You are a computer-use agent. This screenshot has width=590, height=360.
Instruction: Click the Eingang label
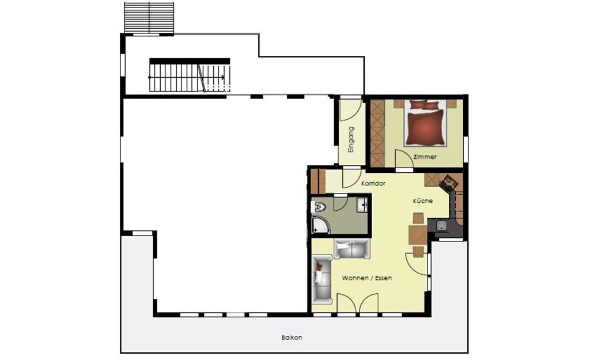coord(351,139)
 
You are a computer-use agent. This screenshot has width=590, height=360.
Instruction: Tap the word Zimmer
coord(425,157)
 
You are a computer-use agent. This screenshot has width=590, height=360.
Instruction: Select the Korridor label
coord(373,184)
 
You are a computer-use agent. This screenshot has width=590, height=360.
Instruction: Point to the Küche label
coord(423,201)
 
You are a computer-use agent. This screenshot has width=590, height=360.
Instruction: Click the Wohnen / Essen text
coord(367,278)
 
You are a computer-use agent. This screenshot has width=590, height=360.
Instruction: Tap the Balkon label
coord(292,338)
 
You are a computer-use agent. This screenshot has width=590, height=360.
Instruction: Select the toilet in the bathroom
coord(319,207)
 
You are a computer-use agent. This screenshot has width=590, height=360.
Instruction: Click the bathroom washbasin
coord(363,204)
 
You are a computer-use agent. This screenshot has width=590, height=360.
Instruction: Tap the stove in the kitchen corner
coord(449,183)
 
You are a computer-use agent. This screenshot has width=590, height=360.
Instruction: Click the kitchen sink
coord(441,226)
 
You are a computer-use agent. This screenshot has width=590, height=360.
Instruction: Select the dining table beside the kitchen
coord(418,235)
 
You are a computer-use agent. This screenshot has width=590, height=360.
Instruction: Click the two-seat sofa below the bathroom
coord(352,249)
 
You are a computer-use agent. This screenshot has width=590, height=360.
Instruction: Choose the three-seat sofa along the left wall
coord(323,279)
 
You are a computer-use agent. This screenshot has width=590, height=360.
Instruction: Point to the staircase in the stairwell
coord(190,78)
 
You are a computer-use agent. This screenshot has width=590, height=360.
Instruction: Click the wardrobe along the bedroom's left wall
coord(377,133)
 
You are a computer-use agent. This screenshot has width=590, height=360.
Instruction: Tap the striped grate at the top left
coord(149,18)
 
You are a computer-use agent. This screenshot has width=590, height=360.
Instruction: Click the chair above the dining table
coord(418,218)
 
